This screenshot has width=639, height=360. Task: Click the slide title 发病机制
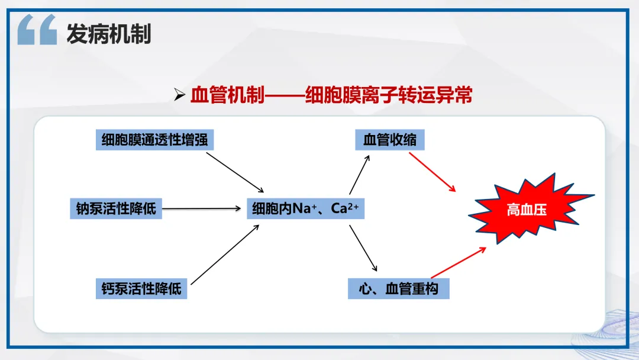[x=109, y=33]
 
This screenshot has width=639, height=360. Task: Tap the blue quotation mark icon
[x=37, y=30]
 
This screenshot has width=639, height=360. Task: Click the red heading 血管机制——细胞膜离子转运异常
[x=331, y=95]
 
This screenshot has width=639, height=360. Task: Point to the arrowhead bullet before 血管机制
[x=179, y=95]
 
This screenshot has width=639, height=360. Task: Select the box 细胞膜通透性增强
[x=154, y=140]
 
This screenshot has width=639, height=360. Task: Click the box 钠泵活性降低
[x=116, y=209]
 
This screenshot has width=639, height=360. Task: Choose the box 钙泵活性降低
[x=141, y=289]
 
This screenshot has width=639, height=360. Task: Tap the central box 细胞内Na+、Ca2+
[x=306, y=209]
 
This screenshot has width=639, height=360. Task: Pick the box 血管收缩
[x=389, y=140]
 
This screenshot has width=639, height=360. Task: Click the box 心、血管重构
[x=399, y=289]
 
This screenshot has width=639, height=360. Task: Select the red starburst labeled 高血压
[x=530, y=209]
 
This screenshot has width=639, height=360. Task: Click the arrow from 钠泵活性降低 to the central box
[x=201, y=209]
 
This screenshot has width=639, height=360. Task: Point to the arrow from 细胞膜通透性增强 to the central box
[x=235, y=172]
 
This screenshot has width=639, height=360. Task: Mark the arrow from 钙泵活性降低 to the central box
[x=225, y=255]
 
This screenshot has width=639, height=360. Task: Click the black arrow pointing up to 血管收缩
[x=360, y=175]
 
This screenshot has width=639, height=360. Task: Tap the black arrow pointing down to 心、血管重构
[x=363, y=248]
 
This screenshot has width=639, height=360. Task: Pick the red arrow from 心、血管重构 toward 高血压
[x=459, y=262]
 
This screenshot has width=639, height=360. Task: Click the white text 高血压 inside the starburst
[x=527, y=210]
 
